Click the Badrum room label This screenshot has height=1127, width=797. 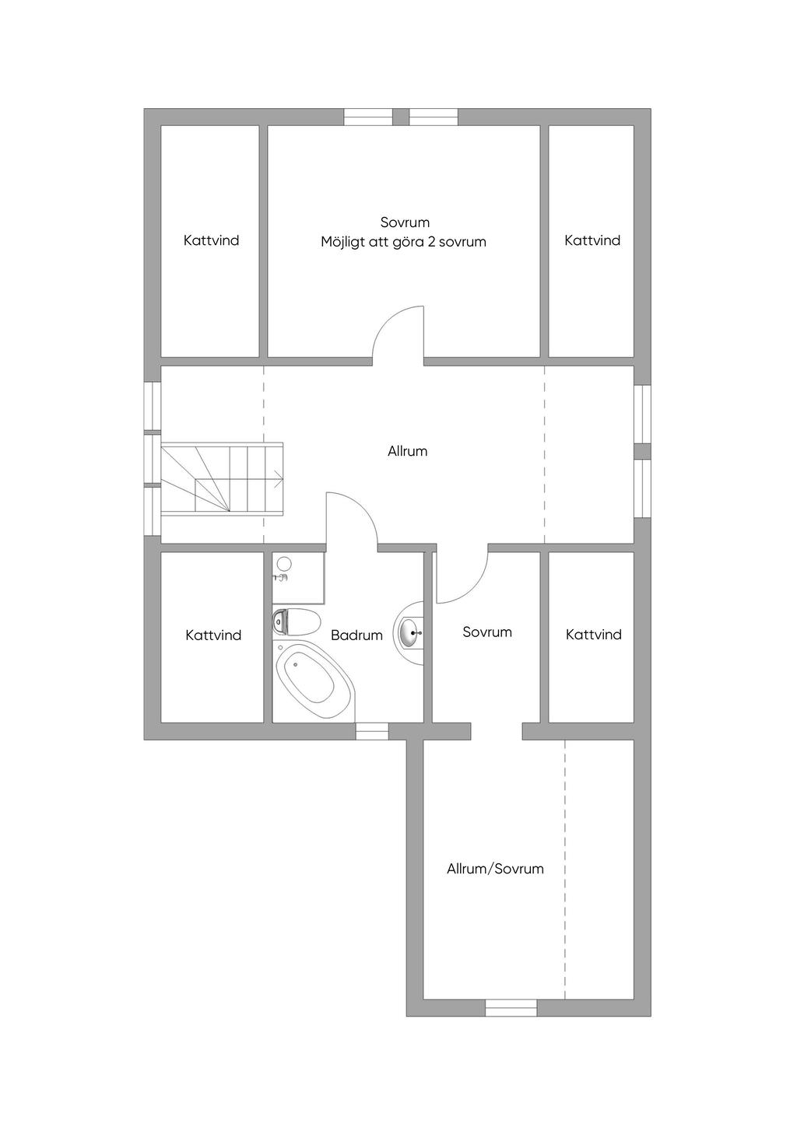[356, 635]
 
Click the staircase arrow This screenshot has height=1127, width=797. [277, 477]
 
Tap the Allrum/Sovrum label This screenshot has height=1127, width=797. [495, 869]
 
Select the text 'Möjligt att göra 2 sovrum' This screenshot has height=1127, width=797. [403, 242]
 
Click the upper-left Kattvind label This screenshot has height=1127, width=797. [211, 240]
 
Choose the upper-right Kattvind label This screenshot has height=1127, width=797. [592, 240]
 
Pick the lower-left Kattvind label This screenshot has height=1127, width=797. [213, 635]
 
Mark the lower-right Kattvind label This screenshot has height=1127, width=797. [594, 635]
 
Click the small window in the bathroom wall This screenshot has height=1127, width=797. [371, 731]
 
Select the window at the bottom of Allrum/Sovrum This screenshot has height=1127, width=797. [511, 1008]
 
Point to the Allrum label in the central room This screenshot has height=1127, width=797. [407, 451]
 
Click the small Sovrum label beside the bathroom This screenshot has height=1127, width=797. [487, 632]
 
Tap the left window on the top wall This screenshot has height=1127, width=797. [368, 117]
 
